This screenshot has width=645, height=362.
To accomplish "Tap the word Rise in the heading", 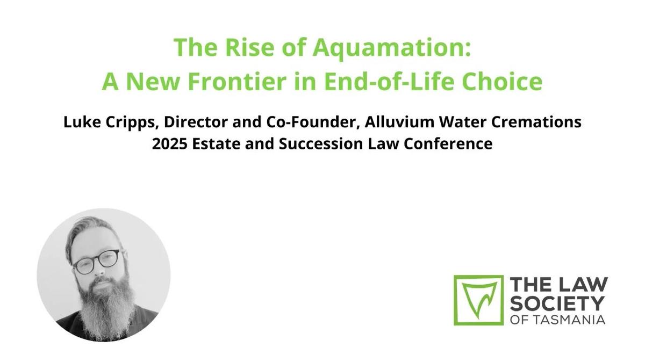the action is [249, 47].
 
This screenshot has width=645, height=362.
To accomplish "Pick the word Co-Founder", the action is [313, 122].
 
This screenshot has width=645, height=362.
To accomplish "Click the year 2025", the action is [170, 144].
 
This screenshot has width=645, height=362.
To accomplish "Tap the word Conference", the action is [448, 144].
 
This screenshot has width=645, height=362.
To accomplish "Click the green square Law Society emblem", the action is [478, 300].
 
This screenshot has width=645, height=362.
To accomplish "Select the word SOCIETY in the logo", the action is [557, 303].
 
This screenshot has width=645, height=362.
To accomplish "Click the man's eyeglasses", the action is [98, 261].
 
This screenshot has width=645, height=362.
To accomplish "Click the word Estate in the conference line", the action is [216, 144].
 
